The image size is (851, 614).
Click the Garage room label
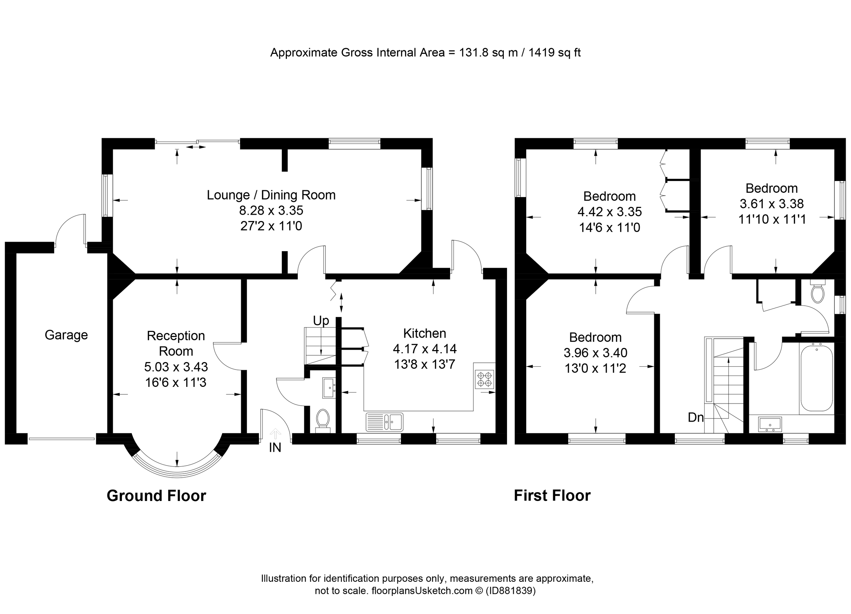66,335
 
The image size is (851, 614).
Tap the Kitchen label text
424,333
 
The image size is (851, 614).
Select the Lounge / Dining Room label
271,195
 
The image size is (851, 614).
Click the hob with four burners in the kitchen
484,379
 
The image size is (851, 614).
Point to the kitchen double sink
384,422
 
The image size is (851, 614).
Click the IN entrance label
275,447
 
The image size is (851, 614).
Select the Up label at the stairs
321,321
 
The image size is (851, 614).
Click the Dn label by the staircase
695,417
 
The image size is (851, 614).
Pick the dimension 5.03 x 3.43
176,367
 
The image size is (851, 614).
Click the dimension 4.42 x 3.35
610,212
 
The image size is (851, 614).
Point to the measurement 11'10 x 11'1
772,219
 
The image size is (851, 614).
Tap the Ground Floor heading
156,496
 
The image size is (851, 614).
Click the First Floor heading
552,496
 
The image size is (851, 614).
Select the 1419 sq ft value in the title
554,52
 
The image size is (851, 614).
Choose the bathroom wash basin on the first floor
769,424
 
